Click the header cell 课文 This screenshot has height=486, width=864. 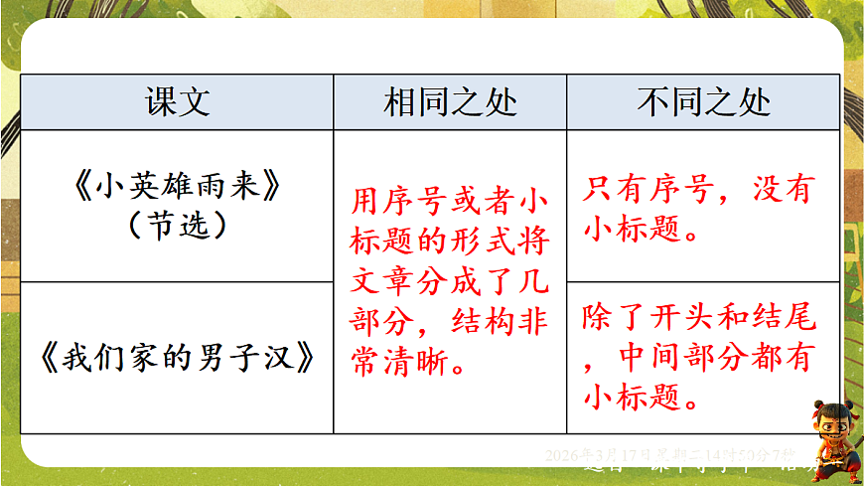178,103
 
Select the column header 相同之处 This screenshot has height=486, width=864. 450,103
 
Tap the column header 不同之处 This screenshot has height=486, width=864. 704,103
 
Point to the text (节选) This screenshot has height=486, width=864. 178,226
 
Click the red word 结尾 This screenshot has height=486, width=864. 791,318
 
